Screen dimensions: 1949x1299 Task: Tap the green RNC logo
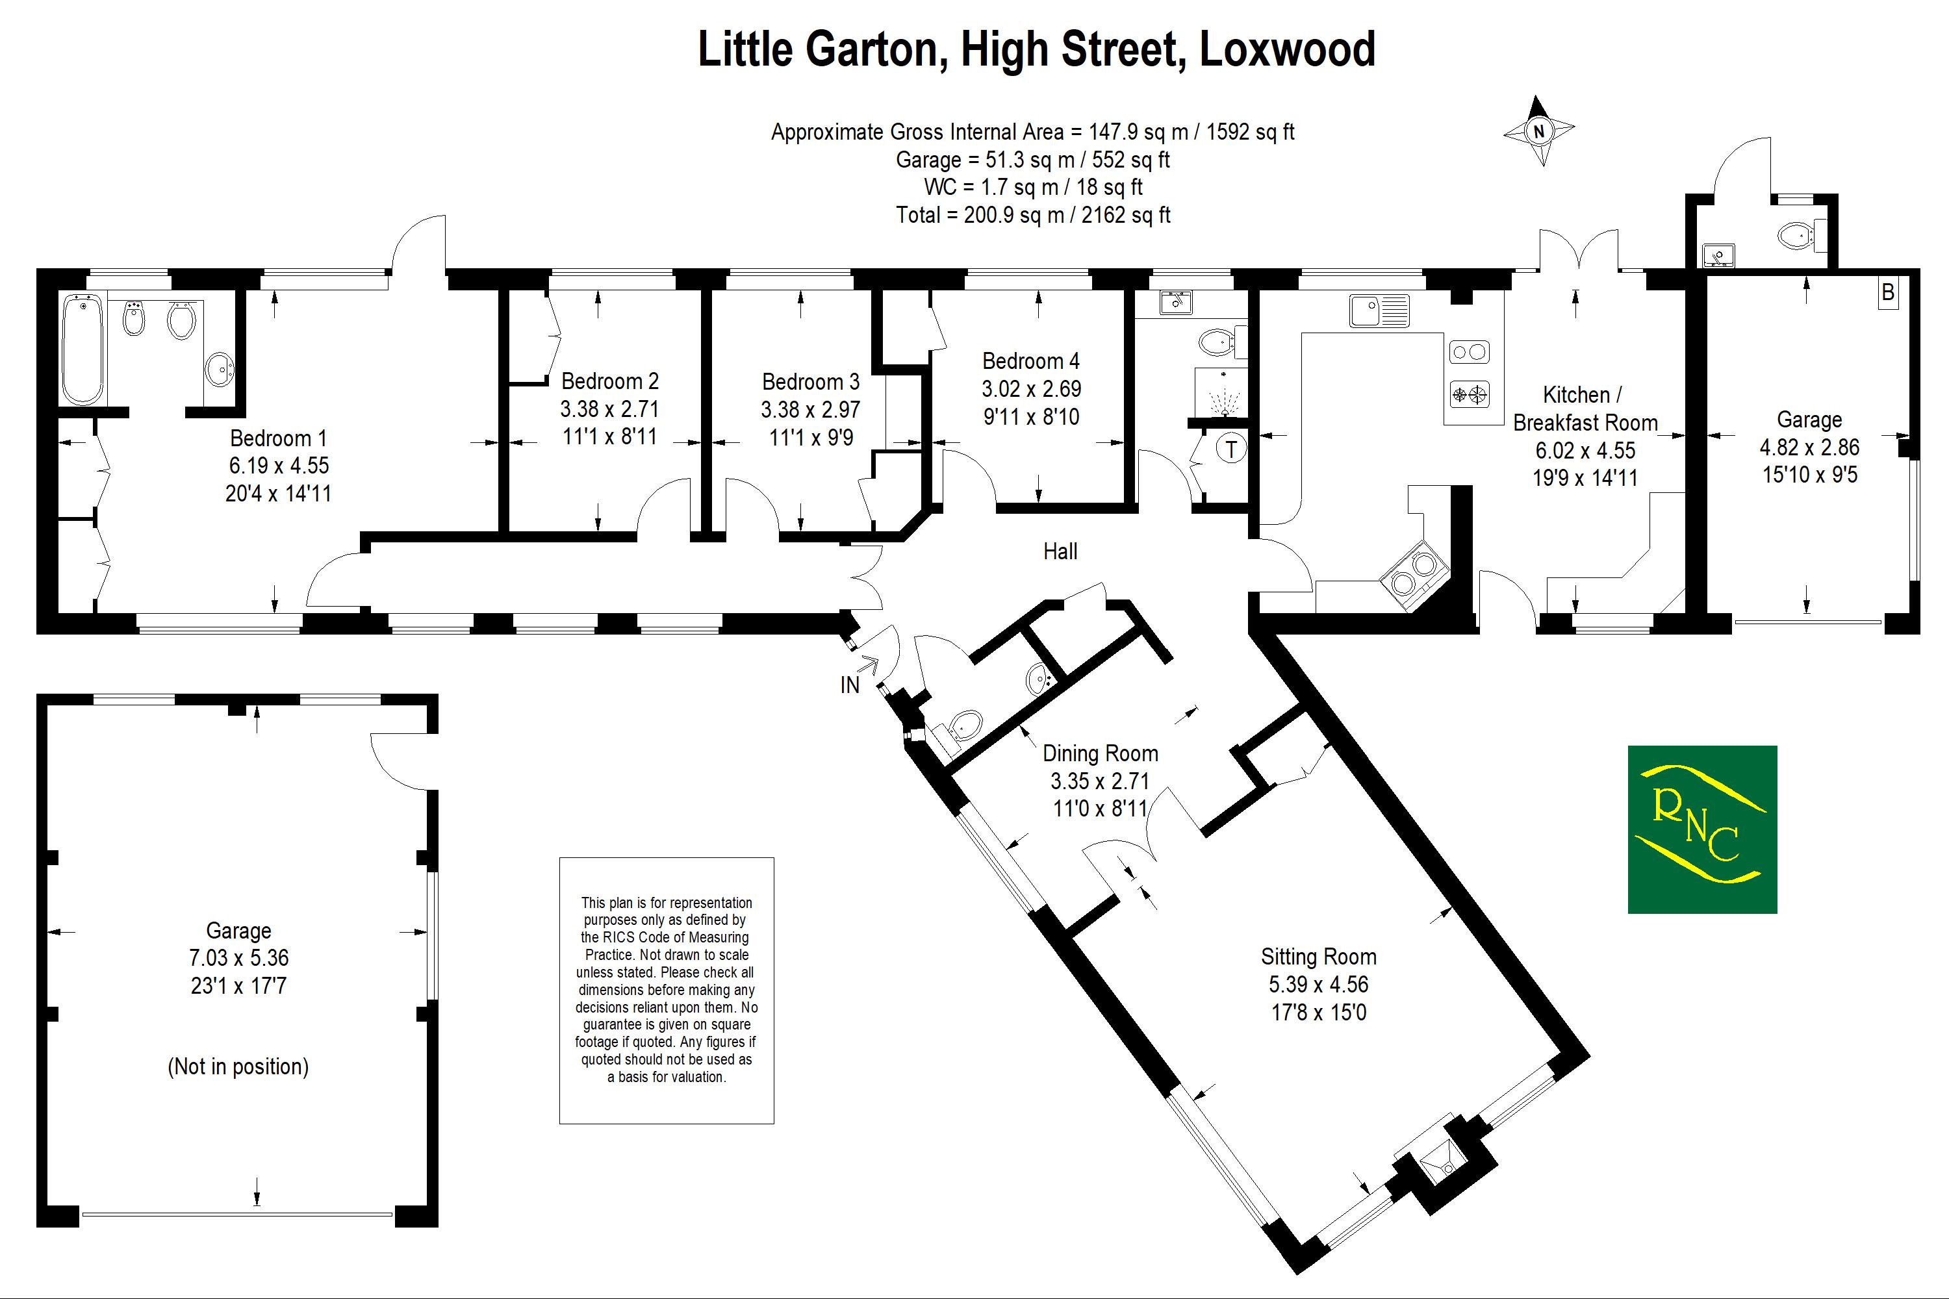point(1702,829)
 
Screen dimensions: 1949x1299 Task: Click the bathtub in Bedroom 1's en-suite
point(83,349)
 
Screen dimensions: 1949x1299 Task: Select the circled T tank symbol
point(1231,449)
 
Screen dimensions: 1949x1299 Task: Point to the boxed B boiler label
point(1888,292)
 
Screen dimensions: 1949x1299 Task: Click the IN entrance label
point(850,685)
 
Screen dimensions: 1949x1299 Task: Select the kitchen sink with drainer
point(1378,310)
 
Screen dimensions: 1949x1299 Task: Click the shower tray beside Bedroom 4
point(1220,392)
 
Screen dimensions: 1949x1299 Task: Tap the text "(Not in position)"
point(238,1066)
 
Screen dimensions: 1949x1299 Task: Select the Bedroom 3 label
point(810,382)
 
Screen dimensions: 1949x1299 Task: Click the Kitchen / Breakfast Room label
point(1585,409)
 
